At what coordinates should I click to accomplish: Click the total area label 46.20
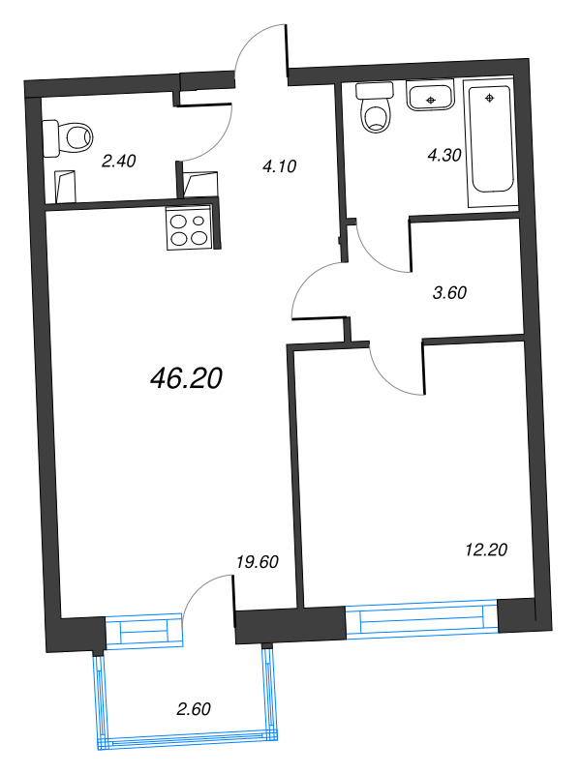[x=187, y=379]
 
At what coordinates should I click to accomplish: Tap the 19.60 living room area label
[x=257, y=560]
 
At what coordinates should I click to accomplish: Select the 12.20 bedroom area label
[x=484, y=550]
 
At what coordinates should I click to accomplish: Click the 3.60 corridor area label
[x=447, y=294]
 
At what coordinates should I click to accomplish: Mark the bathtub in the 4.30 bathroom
[x=490, y=145]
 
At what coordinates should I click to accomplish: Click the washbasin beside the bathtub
[x=431, y=97]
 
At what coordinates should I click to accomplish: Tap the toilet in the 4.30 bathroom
[x=374, y=108]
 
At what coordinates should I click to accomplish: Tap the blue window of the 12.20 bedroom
[x=421, y=619]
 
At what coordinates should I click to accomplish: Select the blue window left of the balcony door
[x=143, y=631]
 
